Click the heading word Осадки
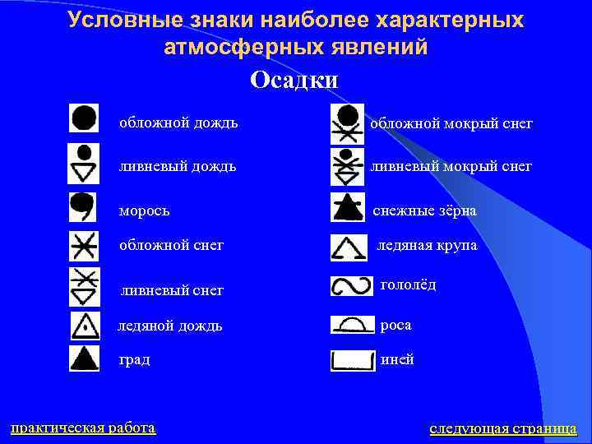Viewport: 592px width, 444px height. (x=294, y=80)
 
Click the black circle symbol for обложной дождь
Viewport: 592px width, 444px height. (x=83, y=119)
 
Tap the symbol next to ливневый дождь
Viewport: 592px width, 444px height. (x=83, y=163)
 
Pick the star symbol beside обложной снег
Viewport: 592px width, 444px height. (x=83, y=246)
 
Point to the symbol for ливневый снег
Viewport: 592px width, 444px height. (x=83, y=285)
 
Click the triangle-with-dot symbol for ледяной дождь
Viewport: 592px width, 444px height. (x=83, y=326)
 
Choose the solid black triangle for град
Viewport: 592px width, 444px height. (x=83, y=359)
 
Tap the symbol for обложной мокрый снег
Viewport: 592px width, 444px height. (x=347, y=124)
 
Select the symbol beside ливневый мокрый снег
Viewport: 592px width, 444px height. (x=347, y=165)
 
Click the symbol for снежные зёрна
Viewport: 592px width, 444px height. (x=347, y=208)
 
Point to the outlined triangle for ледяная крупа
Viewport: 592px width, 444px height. (x=349, y=247)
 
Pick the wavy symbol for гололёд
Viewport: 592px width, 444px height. (x=351, y=286)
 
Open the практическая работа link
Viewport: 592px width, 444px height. (x=82, y=428)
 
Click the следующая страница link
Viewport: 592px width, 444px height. (x=503, y=428)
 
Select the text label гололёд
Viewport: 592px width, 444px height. (x=408, y=284)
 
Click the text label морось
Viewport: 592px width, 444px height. (x=145, y=210)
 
